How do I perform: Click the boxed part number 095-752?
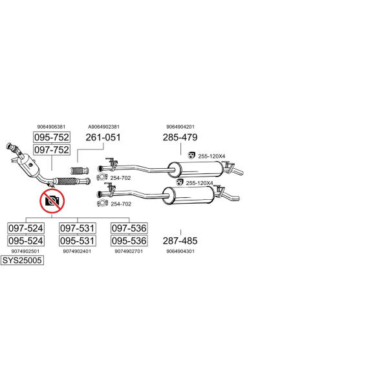click(x=52, y=137)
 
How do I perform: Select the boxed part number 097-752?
click(x=52, y=150)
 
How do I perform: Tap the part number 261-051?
click(x=103, y=137)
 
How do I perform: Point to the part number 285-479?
click(x=180, y=137)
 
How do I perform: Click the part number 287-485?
click(x=180, y=241)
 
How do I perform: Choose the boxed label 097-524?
click(x=26, y=228)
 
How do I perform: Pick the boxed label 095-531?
click(x=78, y=241)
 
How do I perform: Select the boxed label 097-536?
click(x=129, y=228)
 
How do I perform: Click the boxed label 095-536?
click(x=129, y=241)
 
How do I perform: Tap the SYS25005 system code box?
click(x=22, y=261)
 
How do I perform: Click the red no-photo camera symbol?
click(x=52, y=201)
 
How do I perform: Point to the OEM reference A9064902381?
click(x=104, y=127)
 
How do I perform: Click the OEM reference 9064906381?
click(x=51, y=127)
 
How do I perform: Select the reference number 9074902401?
click(x=77, y=251)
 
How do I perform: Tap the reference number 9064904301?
click(x=180, y=251)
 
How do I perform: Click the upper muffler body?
click(x=195, y=169)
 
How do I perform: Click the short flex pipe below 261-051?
click(x=80, y=171)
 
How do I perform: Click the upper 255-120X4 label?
click(x=211, y=156)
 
